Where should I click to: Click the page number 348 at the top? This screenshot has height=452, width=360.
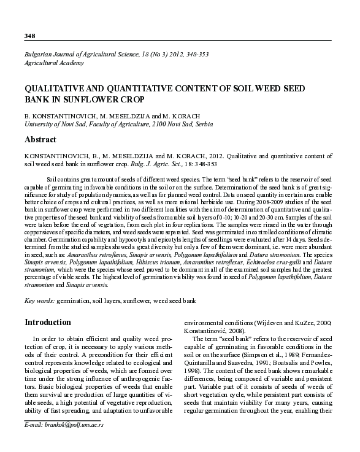(x=29, y=36)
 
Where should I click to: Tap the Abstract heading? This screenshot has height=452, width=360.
(x=40, y=140)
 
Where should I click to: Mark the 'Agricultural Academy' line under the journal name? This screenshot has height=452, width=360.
(x=53, y=63)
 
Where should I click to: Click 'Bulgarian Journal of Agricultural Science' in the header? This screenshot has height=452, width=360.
(x=82, y=54)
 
